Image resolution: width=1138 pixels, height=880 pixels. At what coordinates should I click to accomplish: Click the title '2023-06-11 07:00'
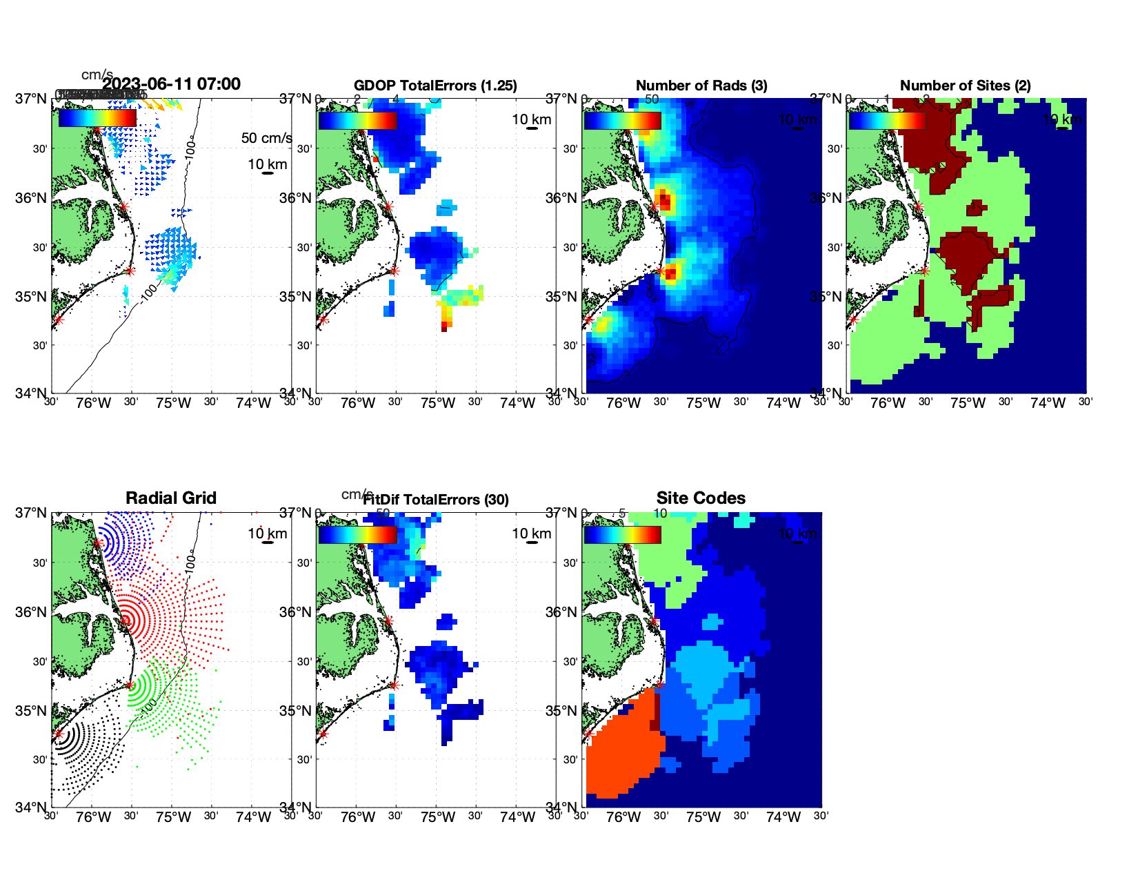(x=172, y=84)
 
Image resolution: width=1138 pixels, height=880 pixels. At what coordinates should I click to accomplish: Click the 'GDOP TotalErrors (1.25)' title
(x=435, y=86)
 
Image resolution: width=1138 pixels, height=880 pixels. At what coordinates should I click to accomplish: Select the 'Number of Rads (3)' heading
(x=701, y=86)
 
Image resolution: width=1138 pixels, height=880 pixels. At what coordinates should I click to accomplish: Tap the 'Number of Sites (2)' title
(x=965, y=86)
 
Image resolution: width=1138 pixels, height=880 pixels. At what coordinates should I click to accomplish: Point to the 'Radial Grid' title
(x=171, y=498)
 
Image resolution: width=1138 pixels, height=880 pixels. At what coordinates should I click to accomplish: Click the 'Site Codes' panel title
(x=701, y=498)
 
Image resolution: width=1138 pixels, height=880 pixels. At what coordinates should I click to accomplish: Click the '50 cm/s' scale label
(x=266, y=138)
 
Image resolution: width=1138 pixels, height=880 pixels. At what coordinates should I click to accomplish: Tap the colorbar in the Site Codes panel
(x=622, y=535)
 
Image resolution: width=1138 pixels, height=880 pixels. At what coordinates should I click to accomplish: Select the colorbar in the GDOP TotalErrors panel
(x=357, y=121)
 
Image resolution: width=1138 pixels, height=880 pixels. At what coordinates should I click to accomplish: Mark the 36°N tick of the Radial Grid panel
(x=32, y=612)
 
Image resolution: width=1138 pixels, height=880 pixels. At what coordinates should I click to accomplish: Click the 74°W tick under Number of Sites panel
(x=1048, y=403)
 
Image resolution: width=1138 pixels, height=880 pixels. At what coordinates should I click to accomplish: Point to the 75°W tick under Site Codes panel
(x=703, y=817)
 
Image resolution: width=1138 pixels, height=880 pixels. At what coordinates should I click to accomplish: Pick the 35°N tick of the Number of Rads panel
(x=563, y=297)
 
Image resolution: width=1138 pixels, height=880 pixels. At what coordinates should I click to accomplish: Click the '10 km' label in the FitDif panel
(x=531, y=534)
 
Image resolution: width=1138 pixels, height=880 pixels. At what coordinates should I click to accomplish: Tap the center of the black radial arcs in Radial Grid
(x=59, y=734)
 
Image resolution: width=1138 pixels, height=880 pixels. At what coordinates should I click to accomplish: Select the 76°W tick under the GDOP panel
(x=358, y=403)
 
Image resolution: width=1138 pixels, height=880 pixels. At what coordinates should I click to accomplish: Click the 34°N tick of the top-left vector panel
(x=32, y=393)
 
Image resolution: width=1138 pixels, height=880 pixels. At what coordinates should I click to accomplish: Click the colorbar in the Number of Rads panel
(x=622, y=121)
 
